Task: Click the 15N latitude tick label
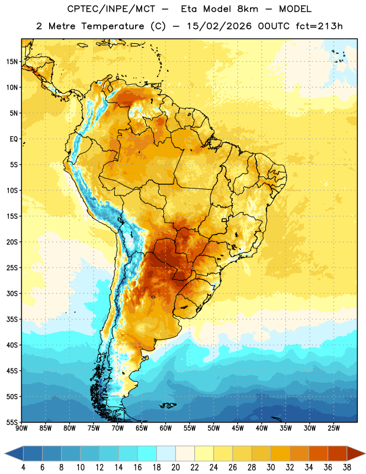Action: [x=12, y=62]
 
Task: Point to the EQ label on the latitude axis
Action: [x=14, y=139]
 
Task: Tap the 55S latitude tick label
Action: [x=12, y=422]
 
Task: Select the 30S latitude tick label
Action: [x=12, y=293]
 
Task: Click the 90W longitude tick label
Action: [x=21, y=428]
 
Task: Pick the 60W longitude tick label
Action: [x=166, y=428]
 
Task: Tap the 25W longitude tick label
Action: [x=333, y=428]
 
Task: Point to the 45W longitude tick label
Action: [x=237, y=428]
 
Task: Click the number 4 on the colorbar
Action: [x=23, y=467]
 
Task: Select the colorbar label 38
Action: [x=347, y=467]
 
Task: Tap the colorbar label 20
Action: [x=175, y=467]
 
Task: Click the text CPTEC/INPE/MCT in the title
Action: [x=111, y=9]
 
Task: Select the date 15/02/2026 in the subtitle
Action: [x=219, y=26]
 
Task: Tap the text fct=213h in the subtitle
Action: [x=319, y=26]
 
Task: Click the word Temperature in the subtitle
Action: [x=113, y=26]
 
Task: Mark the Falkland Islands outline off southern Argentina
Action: [x=168, y=405]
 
